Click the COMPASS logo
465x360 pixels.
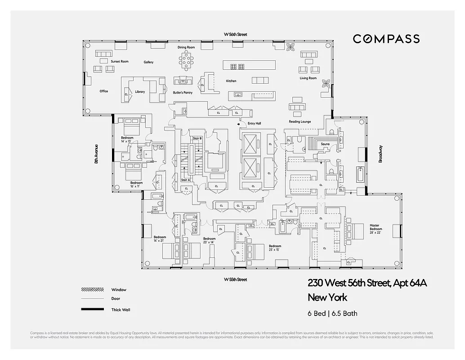pyautogui.click(x=386, y=39)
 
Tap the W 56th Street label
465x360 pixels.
pyautogui.click(x=236, y=35)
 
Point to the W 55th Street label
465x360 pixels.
pyautogui.click(x=236, y=279)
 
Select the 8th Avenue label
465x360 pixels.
pyautogui.click(x=96, y=154)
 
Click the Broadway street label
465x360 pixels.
pyautogui.click(x=380, y=153)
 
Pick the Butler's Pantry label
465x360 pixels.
pyautogui.click(x=183, y=93)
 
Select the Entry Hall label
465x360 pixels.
pyautogui.click(x=255, y=123)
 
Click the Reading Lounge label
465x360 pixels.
pyautogui.click(x=300, y=122)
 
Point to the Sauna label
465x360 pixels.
pyautogui.click(x=325, y=144)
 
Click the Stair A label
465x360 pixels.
pyautogui.click(x=185, y=180)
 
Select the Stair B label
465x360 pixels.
pyautogui.click(x=197, y=138)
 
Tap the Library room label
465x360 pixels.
pyautogui.click(x=140, y=92)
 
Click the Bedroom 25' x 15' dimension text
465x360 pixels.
pyautogui.click(x=275, y=250)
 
